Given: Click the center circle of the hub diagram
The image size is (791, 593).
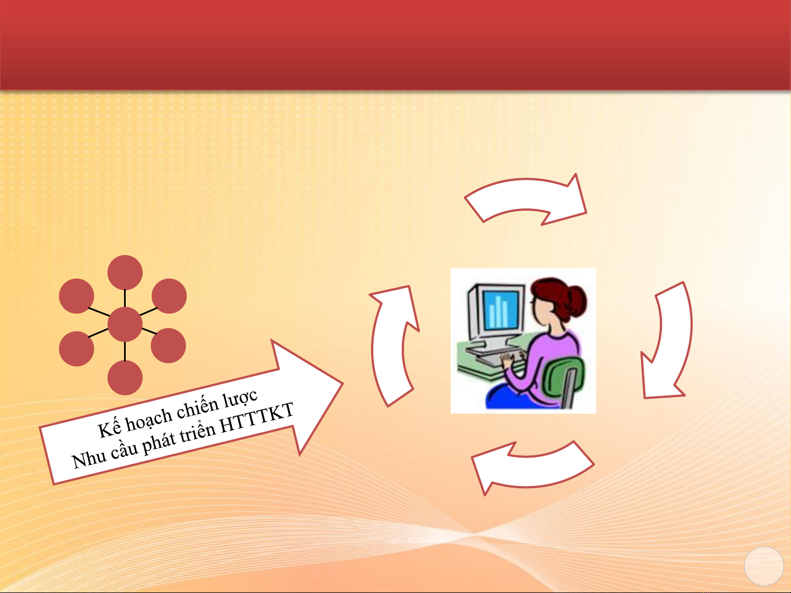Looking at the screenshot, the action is (x=125, y=324).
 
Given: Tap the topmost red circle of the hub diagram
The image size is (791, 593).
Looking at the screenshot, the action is (x=125, y=273).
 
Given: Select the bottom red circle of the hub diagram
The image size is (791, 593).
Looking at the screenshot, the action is (x=125, y=378).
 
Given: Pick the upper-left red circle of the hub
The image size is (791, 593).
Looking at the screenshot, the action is (x=76, y=296).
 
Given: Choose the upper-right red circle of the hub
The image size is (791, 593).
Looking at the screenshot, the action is (x=169, y=296).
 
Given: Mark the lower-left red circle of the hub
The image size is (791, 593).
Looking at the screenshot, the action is (x=76, y=349).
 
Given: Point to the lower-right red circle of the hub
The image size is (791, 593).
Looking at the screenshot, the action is (x=169, y=345).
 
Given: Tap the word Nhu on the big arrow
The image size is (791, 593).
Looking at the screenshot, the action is (x=89, y=459).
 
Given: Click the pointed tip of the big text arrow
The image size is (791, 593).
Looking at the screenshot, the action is (x=343, y=383).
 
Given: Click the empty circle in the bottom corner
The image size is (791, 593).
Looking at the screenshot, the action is (x=764, y=566).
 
